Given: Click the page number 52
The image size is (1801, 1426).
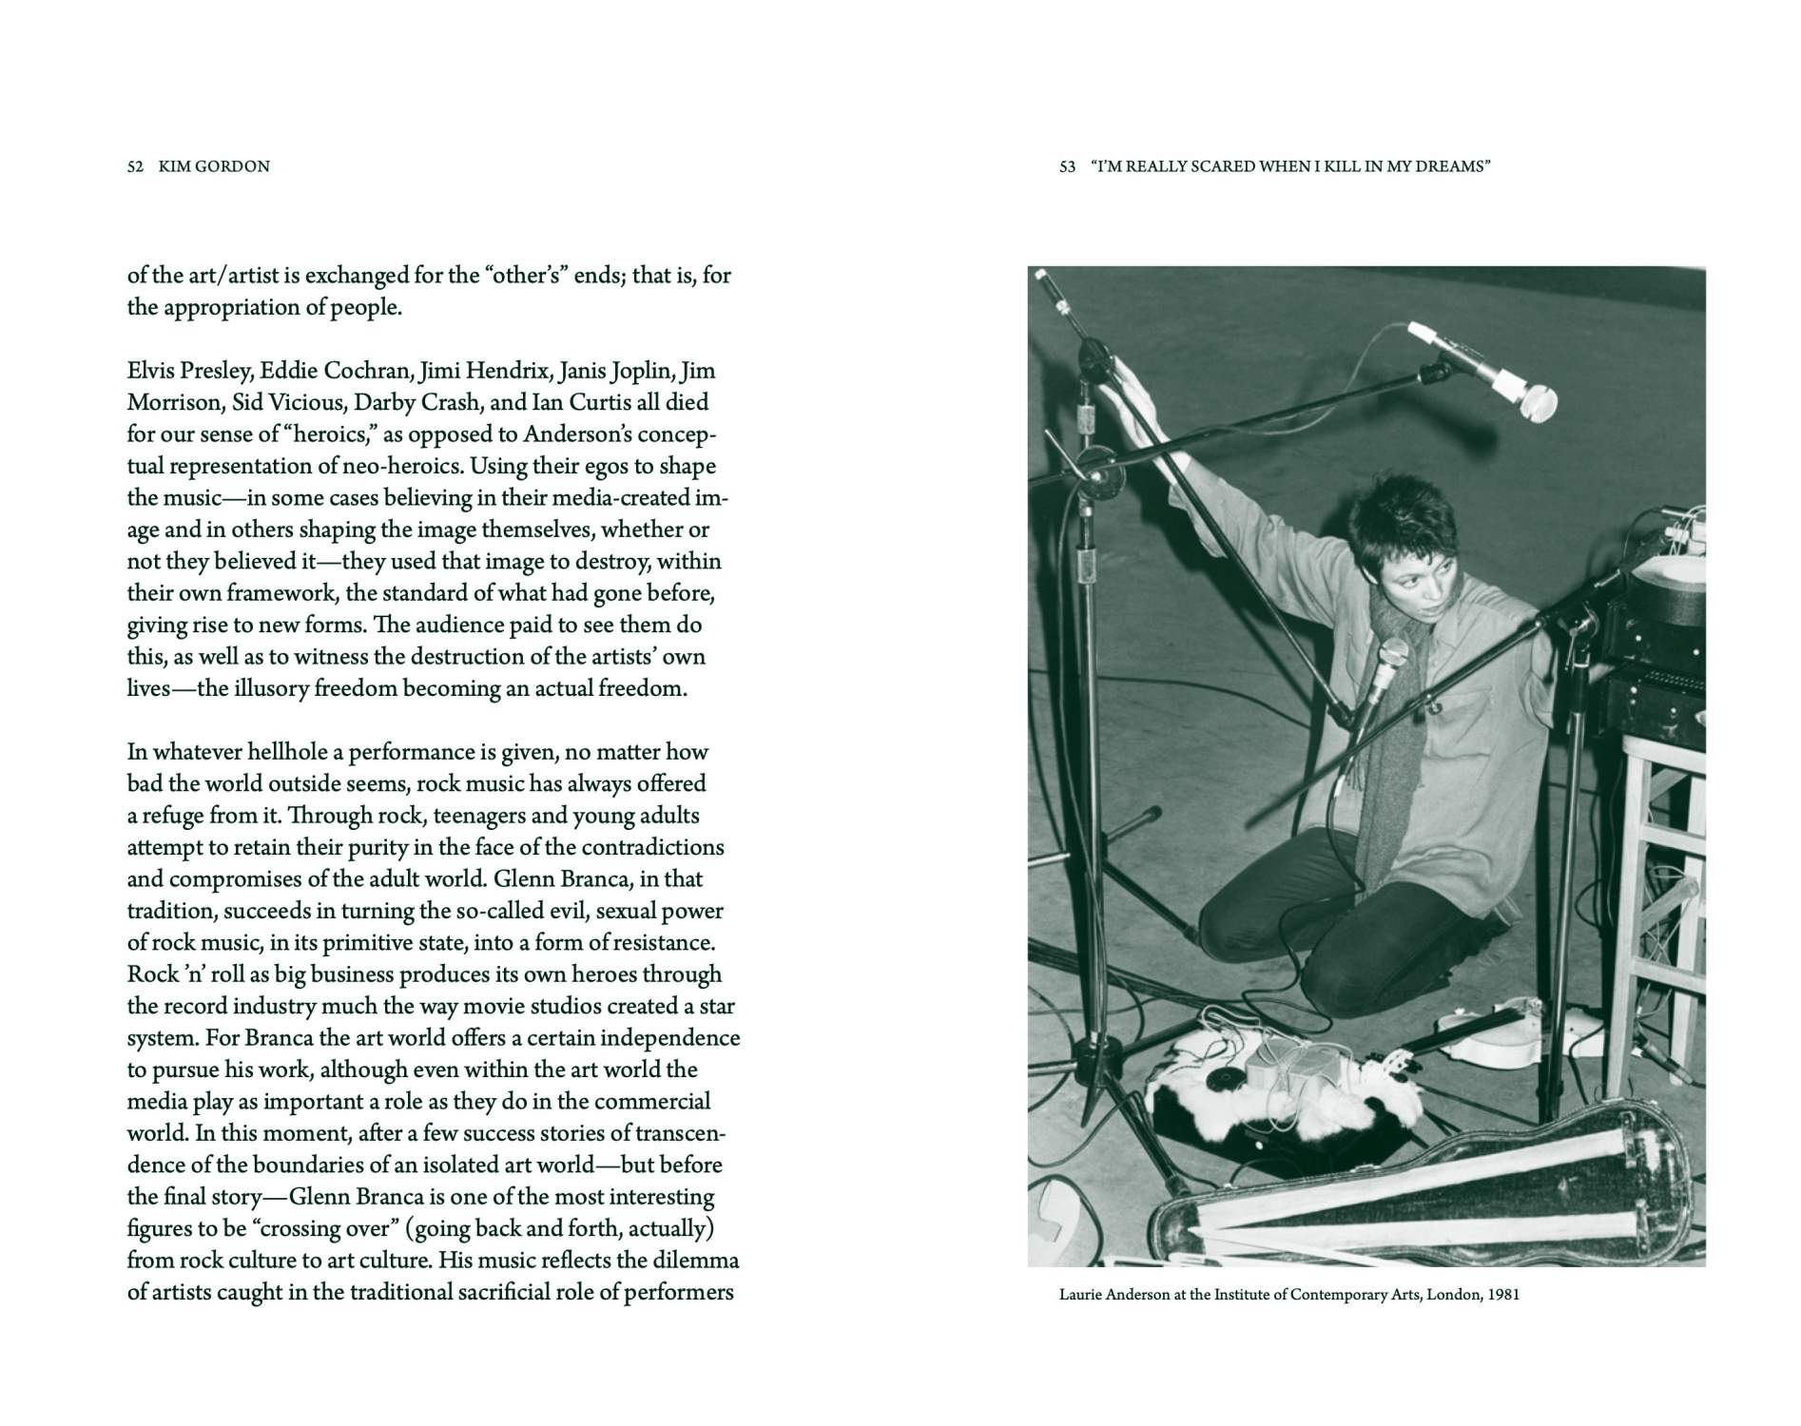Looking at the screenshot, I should coord(135,166).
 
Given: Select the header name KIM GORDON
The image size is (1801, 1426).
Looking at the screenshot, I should coord(214,166).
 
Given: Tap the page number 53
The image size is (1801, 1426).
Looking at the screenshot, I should coord(1067,166).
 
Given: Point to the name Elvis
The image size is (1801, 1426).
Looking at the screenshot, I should coord(151,370).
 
